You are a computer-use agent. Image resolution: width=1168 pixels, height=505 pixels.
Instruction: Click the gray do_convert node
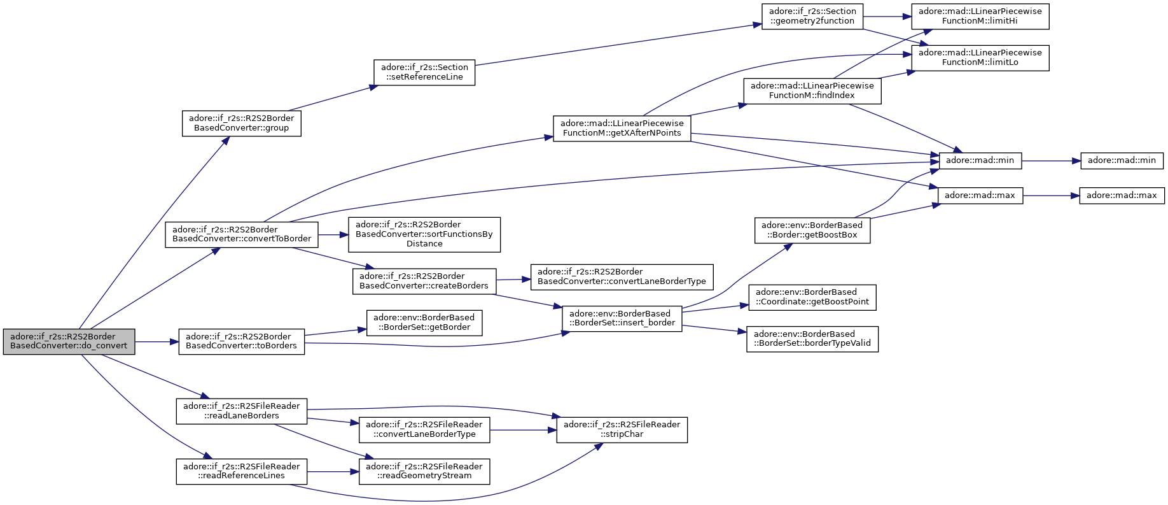[69, 341]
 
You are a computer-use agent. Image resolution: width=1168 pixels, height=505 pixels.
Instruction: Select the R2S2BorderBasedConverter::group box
[241, 123]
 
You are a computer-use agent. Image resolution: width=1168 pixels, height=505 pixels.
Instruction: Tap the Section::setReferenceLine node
[424, 72]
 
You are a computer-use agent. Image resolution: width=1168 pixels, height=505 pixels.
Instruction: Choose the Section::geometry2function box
[812, 16]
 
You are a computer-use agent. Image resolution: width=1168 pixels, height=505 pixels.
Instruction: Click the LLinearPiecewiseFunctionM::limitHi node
[980, 16]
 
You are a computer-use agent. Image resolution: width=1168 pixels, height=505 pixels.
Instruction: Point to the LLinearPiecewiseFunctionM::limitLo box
[980, 57]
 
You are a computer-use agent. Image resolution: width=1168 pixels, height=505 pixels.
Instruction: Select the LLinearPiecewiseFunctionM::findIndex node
[812, 90]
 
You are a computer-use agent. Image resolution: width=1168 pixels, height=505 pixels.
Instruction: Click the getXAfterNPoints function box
[622, 128]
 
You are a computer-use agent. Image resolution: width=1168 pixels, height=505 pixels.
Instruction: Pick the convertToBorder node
[242, 234]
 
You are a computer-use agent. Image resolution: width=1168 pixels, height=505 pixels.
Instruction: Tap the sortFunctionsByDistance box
[424, 234]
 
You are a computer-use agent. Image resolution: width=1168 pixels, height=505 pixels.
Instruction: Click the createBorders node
[424, 281]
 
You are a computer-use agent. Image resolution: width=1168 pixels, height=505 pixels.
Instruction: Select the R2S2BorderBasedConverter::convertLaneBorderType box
[622, 276]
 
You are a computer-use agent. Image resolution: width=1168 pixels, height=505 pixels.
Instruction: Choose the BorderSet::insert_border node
[622, 318]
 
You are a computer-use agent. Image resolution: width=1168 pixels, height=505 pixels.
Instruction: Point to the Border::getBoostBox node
[812, 230]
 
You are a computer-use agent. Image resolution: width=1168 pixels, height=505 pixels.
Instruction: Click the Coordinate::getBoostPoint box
[812, 297]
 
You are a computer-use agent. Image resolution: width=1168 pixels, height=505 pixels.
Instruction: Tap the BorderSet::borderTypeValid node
[812, 339]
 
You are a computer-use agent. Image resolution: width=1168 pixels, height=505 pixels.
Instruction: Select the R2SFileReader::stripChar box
[622, 430]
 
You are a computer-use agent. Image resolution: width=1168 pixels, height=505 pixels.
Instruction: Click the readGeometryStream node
[424, 471]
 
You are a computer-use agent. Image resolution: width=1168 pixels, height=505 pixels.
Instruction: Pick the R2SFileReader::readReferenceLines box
[242, 471]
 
